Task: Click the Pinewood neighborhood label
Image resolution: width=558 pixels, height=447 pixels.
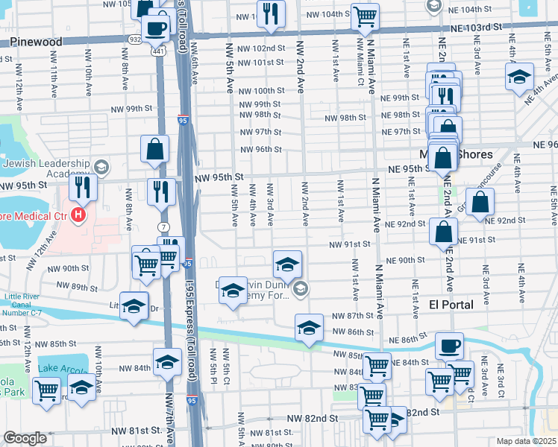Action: (x=37, y=42)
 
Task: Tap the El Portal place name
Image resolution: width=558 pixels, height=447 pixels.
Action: (x=448, y=305)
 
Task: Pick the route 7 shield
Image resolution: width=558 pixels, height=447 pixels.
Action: (x=162, y=226)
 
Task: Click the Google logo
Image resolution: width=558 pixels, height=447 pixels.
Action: (x=25, y=438)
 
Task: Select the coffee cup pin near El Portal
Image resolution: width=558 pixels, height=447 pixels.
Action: (x=449, y=346)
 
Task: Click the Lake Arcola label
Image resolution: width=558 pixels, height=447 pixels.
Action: (x=63, y=369)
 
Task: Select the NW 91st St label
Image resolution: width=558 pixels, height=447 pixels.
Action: (x=350, y=244)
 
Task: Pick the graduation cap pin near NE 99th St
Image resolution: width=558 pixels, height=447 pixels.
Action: (x=519, y=77)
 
